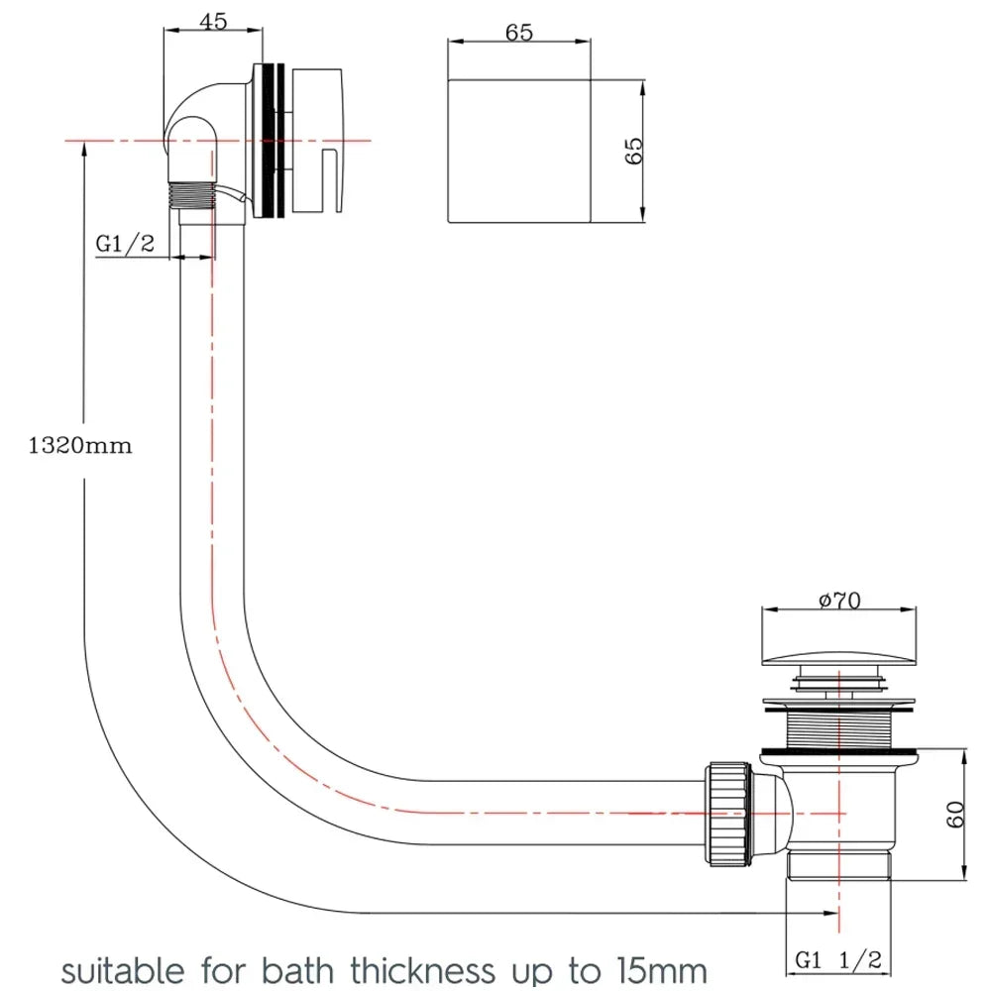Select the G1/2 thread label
point(125,244)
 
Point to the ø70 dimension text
point(838,601)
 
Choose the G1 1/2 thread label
point(837,959)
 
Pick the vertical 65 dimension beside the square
point(634,151)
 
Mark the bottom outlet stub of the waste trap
point(838,864)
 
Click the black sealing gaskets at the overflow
point(273,141)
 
